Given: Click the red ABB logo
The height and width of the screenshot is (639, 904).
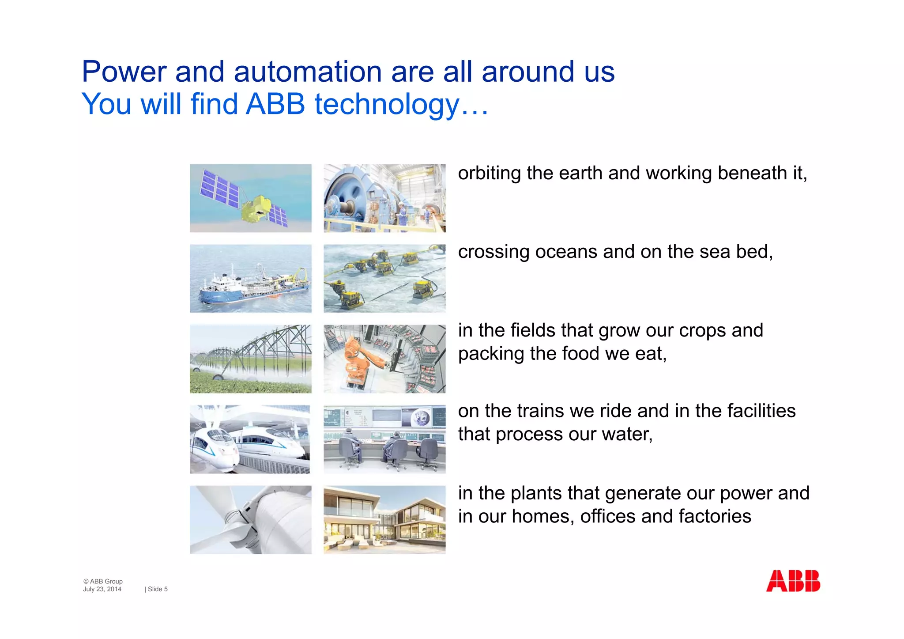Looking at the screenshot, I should tap(793, 581).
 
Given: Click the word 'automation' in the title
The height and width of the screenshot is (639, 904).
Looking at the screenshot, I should tap(307, 72).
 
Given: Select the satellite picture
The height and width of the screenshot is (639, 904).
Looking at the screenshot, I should tap(250, 198).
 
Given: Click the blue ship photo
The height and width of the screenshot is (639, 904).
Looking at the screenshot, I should tap(250, 279).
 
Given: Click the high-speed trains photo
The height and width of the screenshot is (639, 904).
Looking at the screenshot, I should tap(250, 439).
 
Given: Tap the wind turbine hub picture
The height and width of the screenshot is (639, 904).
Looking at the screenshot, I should tap(250, 520).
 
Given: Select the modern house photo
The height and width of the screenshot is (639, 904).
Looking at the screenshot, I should tap(384, 520).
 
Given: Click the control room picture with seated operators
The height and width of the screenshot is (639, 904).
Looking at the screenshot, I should tap(384, 439).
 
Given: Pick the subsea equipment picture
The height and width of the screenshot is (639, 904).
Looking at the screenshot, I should tap(384, 279).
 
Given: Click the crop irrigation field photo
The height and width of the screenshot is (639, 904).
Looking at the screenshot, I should tap(250, 359).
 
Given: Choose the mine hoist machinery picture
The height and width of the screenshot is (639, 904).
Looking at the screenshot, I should tap(384, 198).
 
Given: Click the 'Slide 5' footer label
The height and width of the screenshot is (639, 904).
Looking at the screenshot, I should tap(157, 589).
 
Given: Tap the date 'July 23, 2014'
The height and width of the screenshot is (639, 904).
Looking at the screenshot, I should tap(102, 589).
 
